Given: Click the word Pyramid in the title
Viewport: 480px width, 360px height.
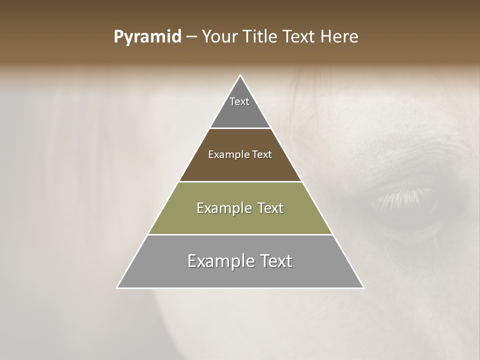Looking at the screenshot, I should (147, 37).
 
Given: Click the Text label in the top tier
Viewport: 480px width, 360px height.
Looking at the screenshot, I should (239, 101).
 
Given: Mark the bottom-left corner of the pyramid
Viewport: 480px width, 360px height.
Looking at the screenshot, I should (117, 287).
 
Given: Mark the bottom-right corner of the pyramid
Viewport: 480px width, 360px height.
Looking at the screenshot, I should (363, 287).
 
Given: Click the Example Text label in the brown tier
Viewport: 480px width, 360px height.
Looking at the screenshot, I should (240, 154).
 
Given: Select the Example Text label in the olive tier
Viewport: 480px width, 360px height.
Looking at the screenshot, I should (240, 208).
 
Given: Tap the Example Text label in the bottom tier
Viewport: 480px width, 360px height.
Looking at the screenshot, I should (240, 261).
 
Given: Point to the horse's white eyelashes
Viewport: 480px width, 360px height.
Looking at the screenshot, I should (405, 196).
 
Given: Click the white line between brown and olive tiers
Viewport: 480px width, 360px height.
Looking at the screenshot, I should (240, 181).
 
